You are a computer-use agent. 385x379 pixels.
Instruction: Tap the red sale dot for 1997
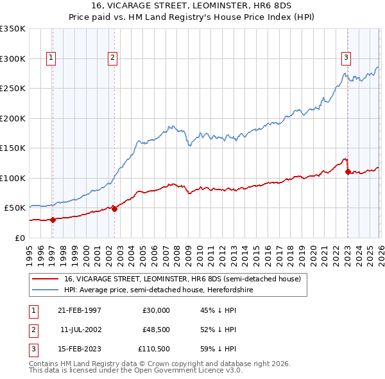pos(53,220)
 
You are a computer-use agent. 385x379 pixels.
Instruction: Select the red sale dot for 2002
pos(114,208)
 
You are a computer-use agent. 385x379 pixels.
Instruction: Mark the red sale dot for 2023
pos(347,172)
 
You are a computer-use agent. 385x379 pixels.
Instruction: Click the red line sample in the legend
pos(46,279)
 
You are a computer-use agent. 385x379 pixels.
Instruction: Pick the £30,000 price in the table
pos(156,310)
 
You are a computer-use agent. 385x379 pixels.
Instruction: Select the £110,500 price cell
pos(154,349)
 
